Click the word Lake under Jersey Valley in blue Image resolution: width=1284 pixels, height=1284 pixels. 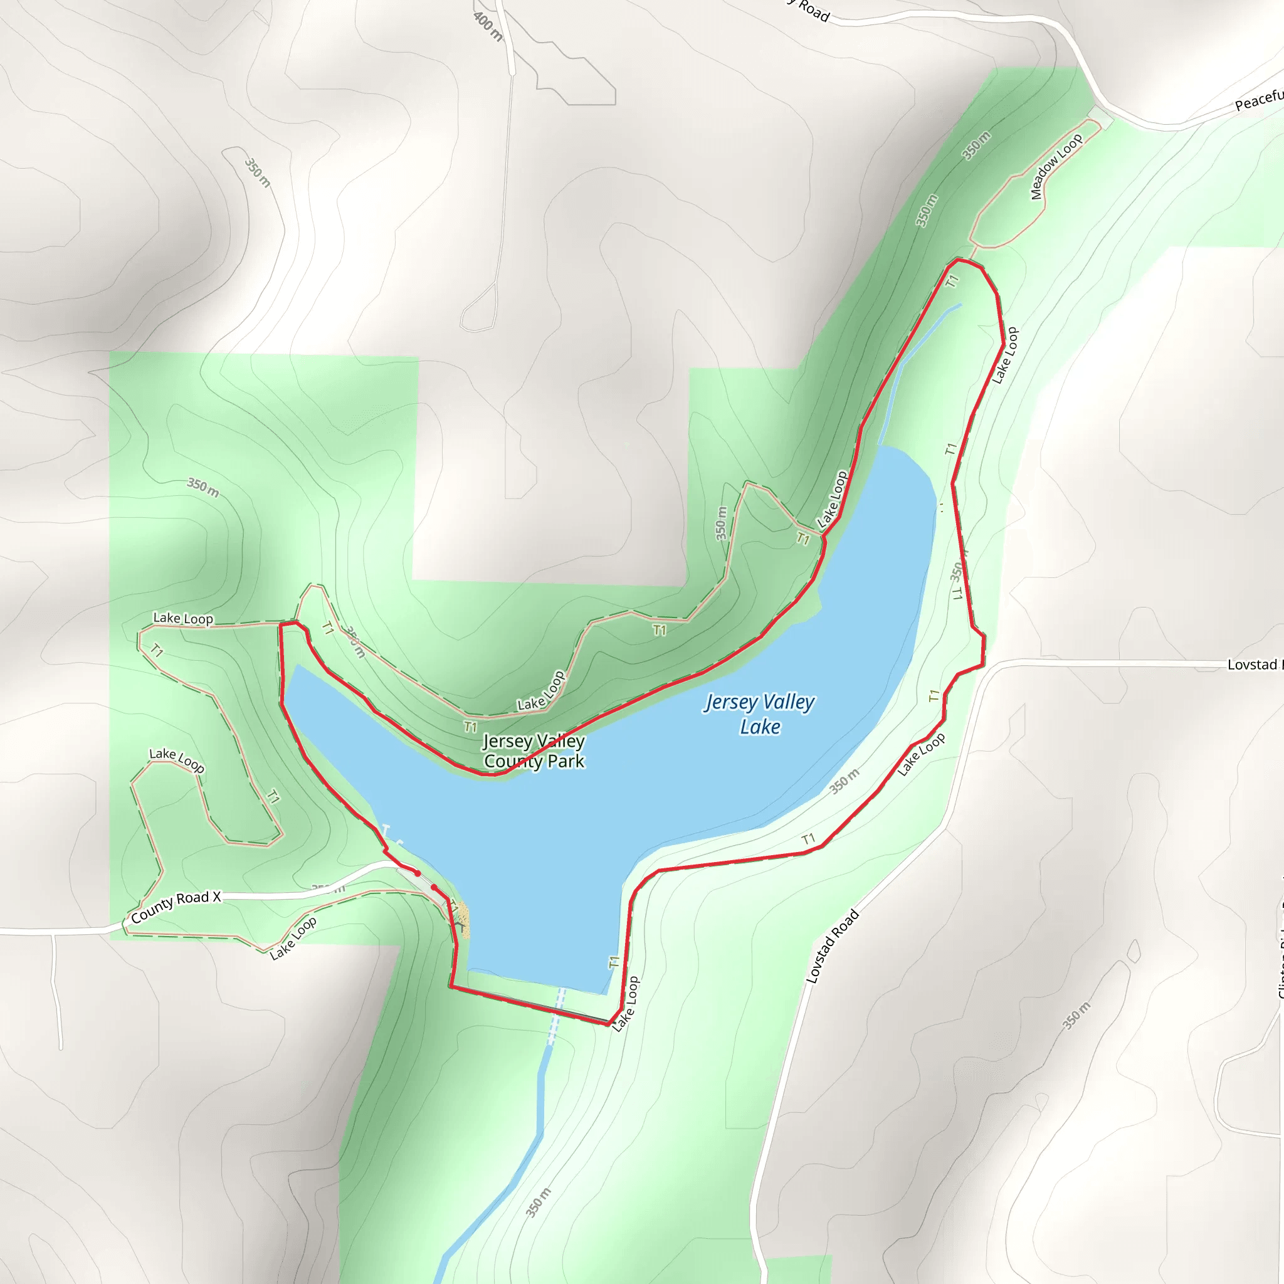(x=760, y=727)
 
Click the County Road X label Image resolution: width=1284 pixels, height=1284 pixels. (x=176, y=907)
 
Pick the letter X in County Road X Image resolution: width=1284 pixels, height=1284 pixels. (x=216, y=897)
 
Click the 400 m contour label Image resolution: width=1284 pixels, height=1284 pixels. (x=488, y=26)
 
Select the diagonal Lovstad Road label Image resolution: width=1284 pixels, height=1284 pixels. (x=832, y=946)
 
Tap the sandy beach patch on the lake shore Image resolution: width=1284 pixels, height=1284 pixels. (x=463, y=920)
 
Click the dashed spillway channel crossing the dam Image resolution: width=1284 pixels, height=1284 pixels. (x=557, y=1006)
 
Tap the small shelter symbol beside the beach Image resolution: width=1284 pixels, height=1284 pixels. (x=460, y=925)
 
